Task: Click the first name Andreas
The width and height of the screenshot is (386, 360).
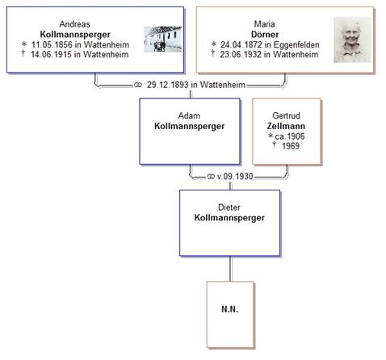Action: click(74, 24)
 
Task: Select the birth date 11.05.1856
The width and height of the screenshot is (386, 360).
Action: click(52, 44)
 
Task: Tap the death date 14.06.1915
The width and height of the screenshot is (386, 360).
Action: click(51, 54)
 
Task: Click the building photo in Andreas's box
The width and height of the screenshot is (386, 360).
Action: click(163, 39)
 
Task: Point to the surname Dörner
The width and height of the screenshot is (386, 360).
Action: click(265, 35)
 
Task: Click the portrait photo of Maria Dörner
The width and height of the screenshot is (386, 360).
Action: click(352, 40)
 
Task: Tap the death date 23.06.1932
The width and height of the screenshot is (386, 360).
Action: click(241, 54)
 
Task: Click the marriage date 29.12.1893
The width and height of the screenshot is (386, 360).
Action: click(168, 85)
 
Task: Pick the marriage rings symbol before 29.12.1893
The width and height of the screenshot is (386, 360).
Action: click(138, 85)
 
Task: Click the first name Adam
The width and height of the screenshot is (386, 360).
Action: click(189, 115)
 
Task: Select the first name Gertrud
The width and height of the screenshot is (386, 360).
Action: click(286, 115)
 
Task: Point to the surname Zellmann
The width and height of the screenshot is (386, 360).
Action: click(286, 126)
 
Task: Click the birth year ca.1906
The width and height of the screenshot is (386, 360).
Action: click(290, 136)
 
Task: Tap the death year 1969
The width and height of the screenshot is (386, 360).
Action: click(291, 146)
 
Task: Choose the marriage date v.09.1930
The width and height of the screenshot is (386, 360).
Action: click(235, 177)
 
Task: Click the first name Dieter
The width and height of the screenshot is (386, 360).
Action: click(229, 207)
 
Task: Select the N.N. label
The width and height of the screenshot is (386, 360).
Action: click(229, 309)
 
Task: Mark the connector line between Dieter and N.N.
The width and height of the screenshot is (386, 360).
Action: click(230, 269)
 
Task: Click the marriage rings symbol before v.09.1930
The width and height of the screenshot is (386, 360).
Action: click(211, 177)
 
